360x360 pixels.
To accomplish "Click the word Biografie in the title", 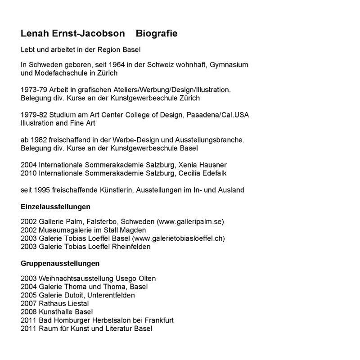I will tap(157, 34).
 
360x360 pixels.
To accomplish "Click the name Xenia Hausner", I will tap(211, 165).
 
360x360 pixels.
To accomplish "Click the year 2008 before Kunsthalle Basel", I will tap(29, 312).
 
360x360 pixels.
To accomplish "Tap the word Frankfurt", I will tap(158, 320).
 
